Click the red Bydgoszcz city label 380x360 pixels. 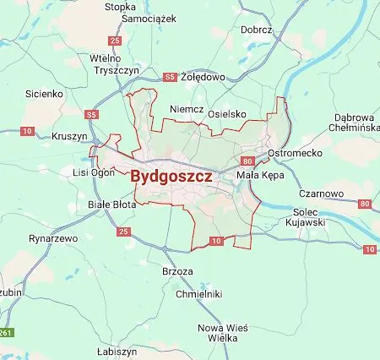(171, 178)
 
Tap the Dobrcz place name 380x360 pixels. (257, 30)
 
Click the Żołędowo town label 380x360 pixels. (204, 77)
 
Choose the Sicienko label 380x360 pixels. (45, 93)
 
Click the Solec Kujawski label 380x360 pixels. (309, 216)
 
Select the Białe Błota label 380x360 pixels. (112, 205)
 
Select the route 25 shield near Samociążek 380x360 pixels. (116, 40)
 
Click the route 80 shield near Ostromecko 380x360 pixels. (247, 160)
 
